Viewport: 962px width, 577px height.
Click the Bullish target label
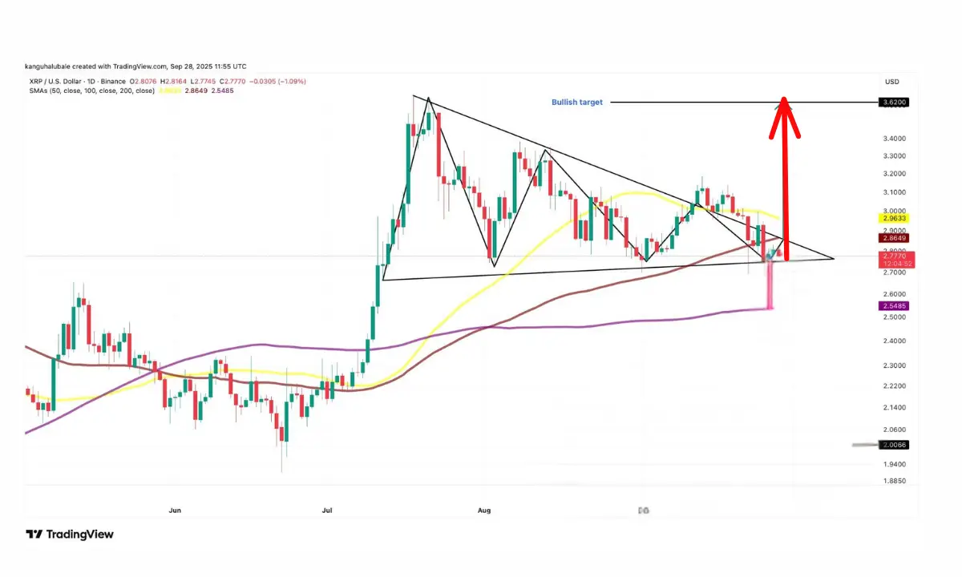coord(576,103)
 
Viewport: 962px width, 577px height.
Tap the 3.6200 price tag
coord(895,103)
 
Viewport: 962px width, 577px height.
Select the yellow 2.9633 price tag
coord(895,218)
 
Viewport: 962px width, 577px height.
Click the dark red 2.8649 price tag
coord(895,238)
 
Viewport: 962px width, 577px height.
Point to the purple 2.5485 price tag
coord(895,306)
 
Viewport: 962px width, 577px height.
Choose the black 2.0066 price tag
coord(895,445)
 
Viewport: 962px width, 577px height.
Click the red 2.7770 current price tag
coord(895,256)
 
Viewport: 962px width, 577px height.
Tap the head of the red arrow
coord(785,109)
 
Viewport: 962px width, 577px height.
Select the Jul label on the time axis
coord(326,510)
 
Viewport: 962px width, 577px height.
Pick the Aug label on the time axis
coord(483,510)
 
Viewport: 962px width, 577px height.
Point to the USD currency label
coord(891,82)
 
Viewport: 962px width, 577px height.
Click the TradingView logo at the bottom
coord(70,535)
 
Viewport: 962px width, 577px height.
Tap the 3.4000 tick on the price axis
coord(894,138)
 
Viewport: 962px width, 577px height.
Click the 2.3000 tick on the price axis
coord(894,365)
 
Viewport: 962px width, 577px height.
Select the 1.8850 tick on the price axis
coord(894,481)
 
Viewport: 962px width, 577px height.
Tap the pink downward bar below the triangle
coord(771,284)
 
